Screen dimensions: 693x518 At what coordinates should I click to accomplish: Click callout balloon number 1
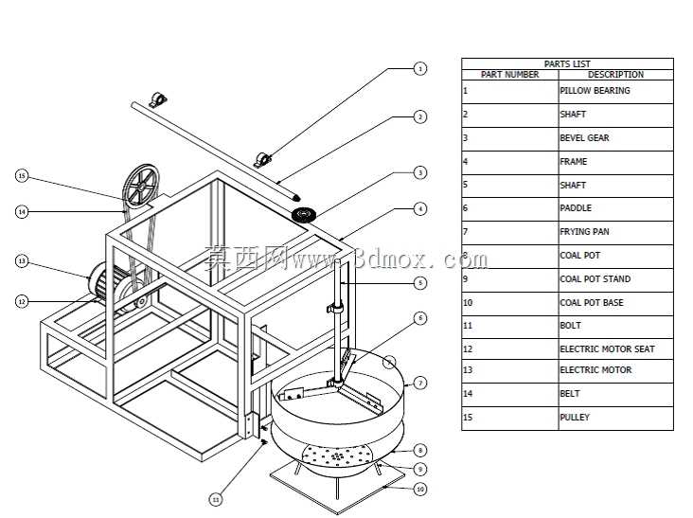click(419, 69)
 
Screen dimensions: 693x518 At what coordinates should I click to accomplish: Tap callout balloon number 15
click(22, 176)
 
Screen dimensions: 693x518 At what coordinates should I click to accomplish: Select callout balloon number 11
click(216, 500)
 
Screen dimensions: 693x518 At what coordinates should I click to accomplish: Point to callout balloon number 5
click(420, 283)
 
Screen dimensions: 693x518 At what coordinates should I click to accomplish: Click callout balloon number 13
click(22, 261)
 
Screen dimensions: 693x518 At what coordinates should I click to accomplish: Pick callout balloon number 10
click(420, 490)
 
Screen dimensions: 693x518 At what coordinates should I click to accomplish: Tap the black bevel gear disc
click(304, 215)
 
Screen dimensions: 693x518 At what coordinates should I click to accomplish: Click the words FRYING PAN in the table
click(584, 232)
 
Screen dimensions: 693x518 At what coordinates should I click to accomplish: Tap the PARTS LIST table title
click(567, 63)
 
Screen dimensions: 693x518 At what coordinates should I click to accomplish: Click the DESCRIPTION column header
click(615, 75)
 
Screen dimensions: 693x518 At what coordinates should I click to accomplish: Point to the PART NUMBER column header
click(510, 75)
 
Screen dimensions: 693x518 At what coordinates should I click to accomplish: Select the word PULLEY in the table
click(575, 418)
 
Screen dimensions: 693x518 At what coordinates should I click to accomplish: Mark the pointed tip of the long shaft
click(300, 199)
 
